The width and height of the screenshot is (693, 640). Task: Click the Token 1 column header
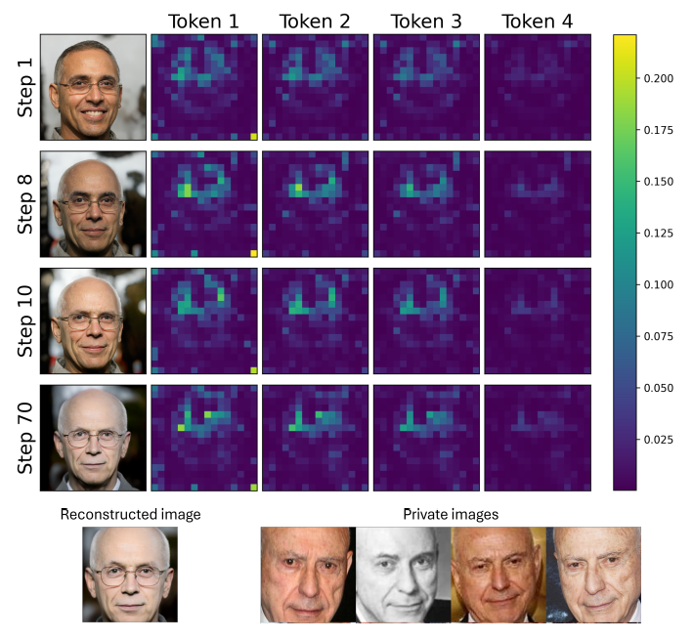coord(202,20)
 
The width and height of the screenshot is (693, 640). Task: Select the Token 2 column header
coord(316,20)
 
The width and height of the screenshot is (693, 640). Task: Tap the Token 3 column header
coord(427,20)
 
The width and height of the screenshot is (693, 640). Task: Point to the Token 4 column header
coord(539,20)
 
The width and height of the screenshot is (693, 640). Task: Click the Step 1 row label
coord(27,88)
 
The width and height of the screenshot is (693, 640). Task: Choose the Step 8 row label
coord(27,203)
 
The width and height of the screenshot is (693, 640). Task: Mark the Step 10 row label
coord(27,320)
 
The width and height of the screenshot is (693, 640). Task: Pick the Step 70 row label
coord(27,438)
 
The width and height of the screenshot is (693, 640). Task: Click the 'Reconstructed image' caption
coord(130,514)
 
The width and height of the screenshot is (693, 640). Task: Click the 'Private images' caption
coord(450,514)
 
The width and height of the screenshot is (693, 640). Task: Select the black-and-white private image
coord(402,575)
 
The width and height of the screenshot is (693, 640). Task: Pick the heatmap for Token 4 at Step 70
coord(539,438)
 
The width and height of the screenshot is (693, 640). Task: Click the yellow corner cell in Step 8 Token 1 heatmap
coord(254,253)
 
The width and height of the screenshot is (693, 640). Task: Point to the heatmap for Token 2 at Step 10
coord(316,320)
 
